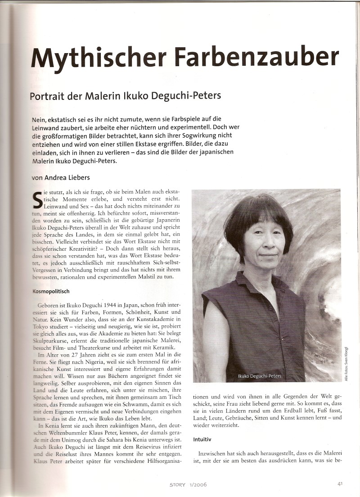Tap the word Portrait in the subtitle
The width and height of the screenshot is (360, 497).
[x=48, y=96]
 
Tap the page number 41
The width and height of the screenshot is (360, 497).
[x=341, y=484]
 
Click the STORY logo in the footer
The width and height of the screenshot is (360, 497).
[x=177, y=485]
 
